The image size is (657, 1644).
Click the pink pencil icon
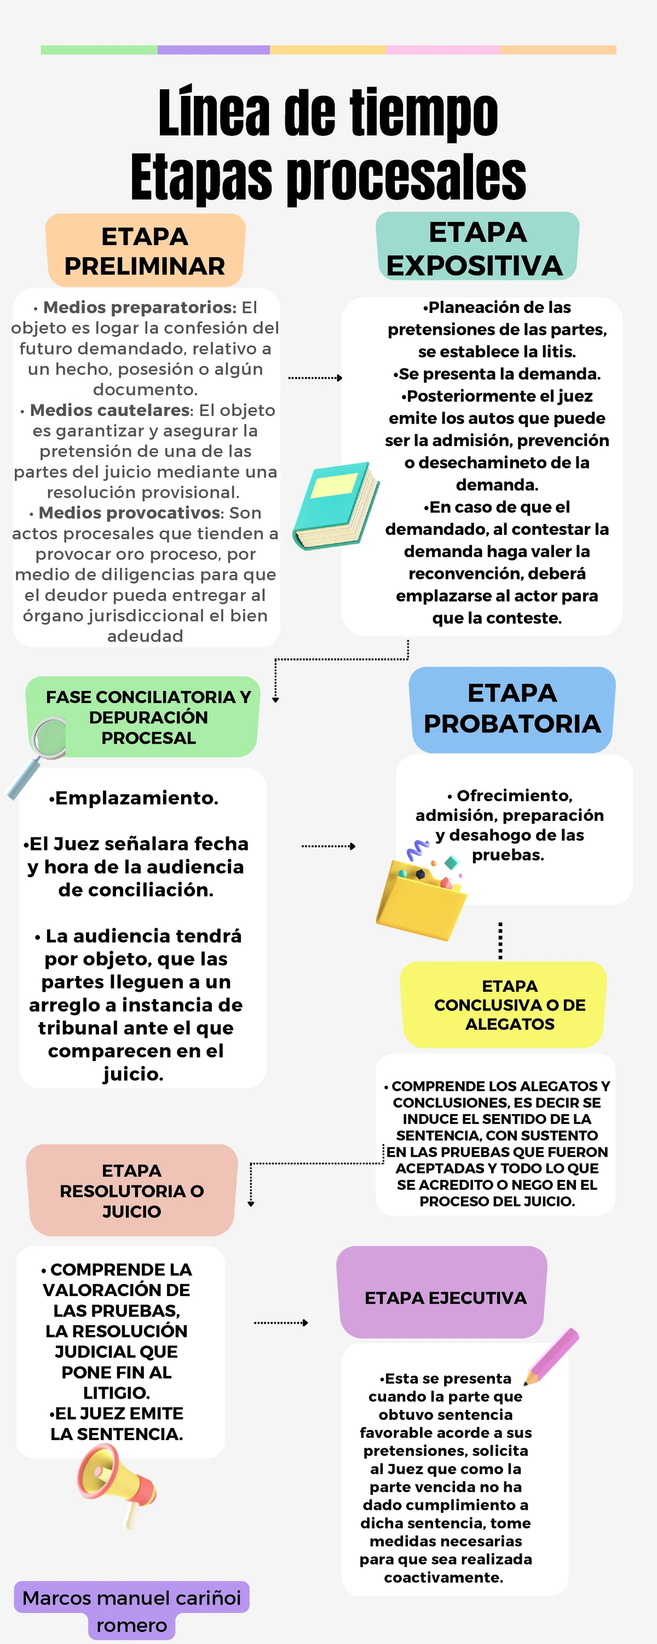coord(551,1356)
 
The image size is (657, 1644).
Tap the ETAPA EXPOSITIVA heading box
coord(477,248)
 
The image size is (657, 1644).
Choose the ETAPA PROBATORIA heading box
coord(512,709)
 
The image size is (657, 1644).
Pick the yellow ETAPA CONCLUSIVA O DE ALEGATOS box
coord(504,1004)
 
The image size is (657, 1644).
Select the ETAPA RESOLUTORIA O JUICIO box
coord(132,1190)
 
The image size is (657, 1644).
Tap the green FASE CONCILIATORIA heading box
coord(148,717)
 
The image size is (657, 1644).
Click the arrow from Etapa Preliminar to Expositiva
coord(315,378)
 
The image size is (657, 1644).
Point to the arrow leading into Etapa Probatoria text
coord(328,846)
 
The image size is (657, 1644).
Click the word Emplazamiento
coord(136,798)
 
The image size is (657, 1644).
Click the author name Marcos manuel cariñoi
coord(131,1597)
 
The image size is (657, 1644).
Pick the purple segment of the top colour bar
coord(213,50)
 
